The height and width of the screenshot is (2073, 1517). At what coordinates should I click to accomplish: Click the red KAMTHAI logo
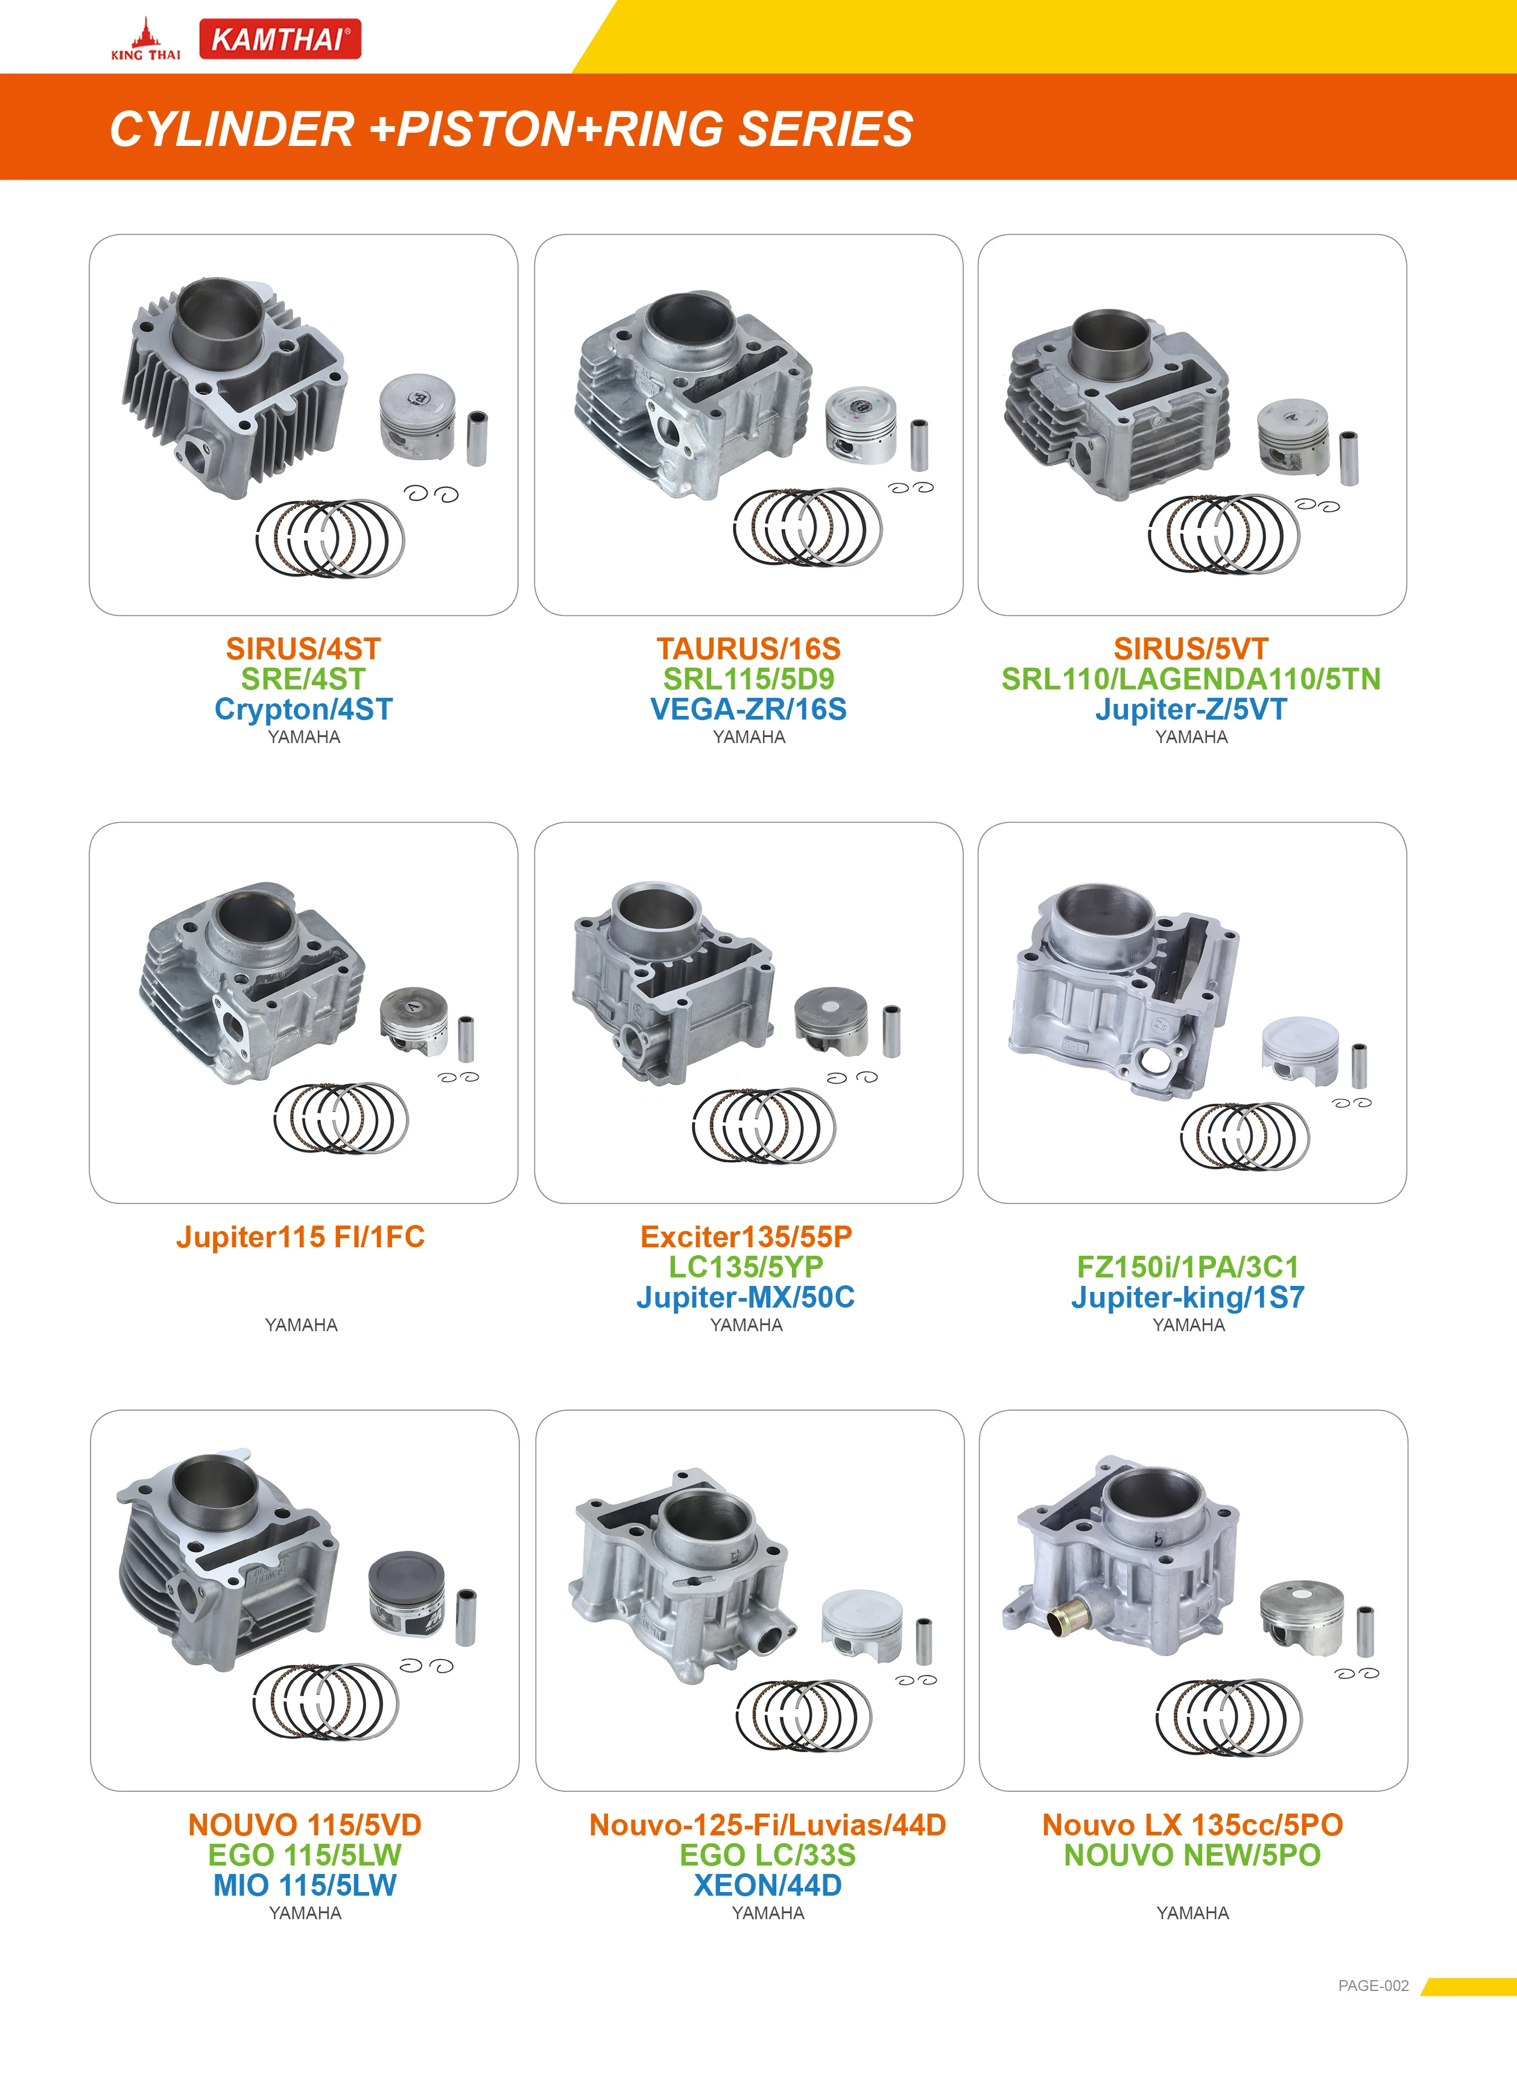pyautogui.click(x=280, y=39)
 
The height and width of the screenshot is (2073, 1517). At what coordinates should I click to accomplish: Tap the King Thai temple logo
pyautogui.click(x=145, y=39)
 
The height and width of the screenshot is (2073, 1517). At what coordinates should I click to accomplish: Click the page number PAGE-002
pyautogui.click(x=1373, y=1985)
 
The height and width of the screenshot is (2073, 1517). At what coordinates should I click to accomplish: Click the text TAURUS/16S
pyautogui.click(x=749, y=648)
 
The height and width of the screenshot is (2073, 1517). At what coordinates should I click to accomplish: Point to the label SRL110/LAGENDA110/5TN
pyautogui.click(x=1191, y=679)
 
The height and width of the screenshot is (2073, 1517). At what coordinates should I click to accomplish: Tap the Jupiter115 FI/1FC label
pyautogui.click(x=300, y=1236)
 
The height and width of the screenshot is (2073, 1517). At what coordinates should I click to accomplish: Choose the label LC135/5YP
pyautogui.click(x=746, y=1267)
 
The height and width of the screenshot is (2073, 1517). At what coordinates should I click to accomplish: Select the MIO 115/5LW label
pyautogui.click(x=305, y=1885)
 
